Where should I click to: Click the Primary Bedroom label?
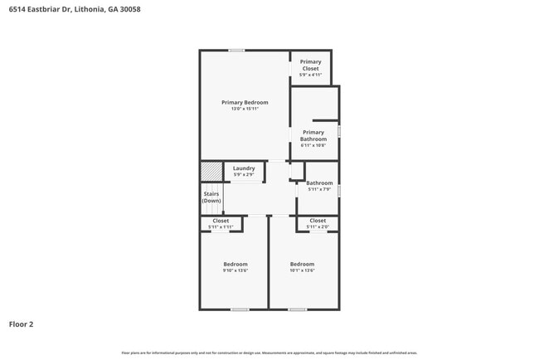coord(245,102)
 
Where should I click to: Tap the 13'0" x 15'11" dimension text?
coord(245,109)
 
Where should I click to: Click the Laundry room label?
coord(244,168)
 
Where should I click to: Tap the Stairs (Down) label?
coord(211,197)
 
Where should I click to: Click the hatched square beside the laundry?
coord(211,171)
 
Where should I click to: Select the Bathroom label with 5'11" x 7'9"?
coord(319,183)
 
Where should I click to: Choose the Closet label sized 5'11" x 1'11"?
coord(221,221)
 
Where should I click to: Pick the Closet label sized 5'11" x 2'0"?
coord(318,221)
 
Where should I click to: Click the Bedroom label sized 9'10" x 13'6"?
coord(235,264)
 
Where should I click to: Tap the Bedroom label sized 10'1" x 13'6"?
coord(302,264)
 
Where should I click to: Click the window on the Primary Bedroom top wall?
coord(236,51)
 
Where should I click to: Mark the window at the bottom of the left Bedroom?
coord(240,309)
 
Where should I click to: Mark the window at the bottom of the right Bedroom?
coord(298,309)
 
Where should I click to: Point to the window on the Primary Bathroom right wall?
coord(339,131)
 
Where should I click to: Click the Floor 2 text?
coord(22,324)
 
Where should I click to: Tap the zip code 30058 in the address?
coord(129,9)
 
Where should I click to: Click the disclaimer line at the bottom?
coord(269,353)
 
